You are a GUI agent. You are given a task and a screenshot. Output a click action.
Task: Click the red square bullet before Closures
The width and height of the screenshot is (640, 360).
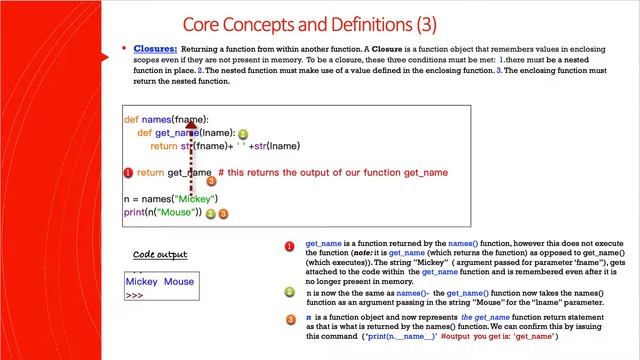click(x=136, y=48)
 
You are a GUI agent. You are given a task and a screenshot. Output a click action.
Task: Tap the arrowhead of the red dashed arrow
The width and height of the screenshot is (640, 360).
click(x=191, y=128)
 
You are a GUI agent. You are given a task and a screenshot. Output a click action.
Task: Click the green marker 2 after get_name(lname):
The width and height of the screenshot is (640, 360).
click(x=243, y=133)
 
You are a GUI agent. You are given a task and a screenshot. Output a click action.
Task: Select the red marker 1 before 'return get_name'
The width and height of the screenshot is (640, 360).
click(x=128, y=173)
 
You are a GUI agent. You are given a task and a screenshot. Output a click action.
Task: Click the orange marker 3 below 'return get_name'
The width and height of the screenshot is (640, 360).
click(x=210, y=182)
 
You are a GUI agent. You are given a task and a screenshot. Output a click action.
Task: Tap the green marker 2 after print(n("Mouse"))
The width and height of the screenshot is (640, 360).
click(x=210, y=213)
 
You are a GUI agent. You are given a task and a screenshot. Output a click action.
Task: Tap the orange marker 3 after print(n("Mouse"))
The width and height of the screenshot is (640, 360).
click(x=224, y=213)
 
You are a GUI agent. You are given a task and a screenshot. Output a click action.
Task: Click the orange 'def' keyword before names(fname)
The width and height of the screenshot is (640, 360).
click(x=131, y=120)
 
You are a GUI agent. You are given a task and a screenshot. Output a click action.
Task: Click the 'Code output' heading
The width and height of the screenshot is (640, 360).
click(x=160, y=255)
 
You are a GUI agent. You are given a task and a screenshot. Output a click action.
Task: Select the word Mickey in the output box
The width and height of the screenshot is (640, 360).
click(x=142, y=282)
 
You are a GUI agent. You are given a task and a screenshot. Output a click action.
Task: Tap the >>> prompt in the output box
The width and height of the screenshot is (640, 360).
click(x=135, y=295)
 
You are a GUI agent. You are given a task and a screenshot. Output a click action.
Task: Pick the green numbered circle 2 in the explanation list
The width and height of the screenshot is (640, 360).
click(x=289, y=293)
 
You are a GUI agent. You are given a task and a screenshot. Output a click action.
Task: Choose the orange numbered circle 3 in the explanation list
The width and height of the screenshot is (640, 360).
click(x=289, y=318)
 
